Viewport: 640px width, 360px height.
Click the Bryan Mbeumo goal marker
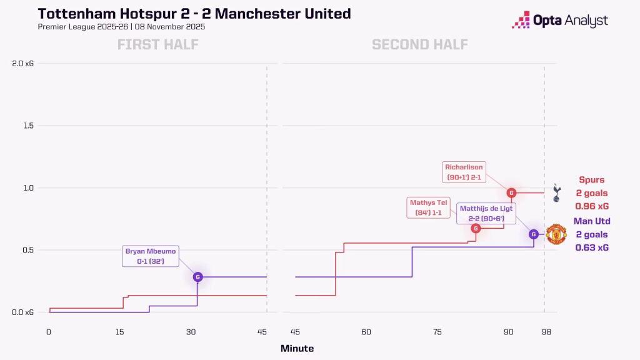click(x=197, y=276)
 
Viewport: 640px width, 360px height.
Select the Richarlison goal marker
click(x=511, y=192)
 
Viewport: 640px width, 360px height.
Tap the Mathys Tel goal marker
click(x=476, y=228)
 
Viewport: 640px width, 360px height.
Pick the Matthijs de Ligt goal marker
click(x=533, y=234)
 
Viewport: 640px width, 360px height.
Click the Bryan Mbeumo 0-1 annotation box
click(x=151, y=256)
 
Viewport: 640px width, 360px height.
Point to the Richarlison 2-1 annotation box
click(x=464, y=172)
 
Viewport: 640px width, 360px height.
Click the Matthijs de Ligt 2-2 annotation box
click(x=486, y=213)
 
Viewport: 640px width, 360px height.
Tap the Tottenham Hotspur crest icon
click(x=556, y=192)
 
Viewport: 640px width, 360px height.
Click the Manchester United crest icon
click(x=556, y=234)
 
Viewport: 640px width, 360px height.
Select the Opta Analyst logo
click(x=559, y=21)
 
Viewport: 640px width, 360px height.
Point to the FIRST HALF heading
click(x=157, y=44)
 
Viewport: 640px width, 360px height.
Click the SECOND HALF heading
click(x=420, y=44)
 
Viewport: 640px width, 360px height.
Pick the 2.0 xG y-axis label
click(x=22, y=63)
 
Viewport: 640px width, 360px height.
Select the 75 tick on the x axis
click(x=437, y=332)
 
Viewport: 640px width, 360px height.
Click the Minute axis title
click(x=297, y=349)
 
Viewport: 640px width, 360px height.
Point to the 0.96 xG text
click(x=592, y=206)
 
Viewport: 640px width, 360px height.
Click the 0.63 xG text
click(x=592, y=247)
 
